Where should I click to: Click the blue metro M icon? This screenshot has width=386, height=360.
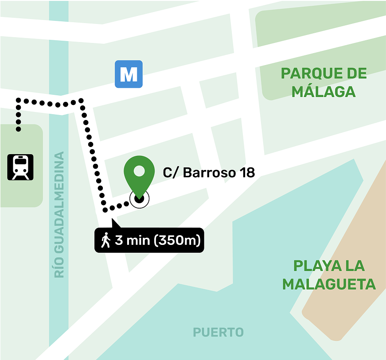(129, 74)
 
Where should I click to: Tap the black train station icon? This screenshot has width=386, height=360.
(20, 167)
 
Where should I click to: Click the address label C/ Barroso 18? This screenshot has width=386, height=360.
(209, 173)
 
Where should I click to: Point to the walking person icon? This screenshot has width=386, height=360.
(105, 240)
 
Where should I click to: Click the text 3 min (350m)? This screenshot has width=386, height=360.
(158, 240)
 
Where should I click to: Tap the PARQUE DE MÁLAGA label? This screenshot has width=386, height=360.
(324, 82)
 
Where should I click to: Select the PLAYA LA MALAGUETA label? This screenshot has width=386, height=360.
(329, 275)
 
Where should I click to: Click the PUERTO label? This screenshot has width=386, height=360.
(218, 332)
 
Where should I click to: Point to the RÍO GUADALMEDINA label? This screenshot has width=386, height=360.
(59, 215)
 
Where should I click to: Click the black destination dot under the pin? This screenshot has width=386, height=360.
(139, 199)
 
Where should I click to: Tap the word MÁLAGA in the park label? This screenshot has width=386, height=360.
(324, 92)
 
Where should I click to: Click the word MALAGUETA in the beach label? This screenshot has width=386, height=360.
(329, 284)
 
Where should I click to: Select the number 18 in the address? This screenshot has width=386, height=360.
(247, 173)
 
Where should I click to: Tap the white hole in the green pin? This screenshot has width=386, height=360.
(139, 170)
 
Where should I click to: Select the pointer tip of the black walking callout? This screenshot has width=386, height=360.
(113, 220)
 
